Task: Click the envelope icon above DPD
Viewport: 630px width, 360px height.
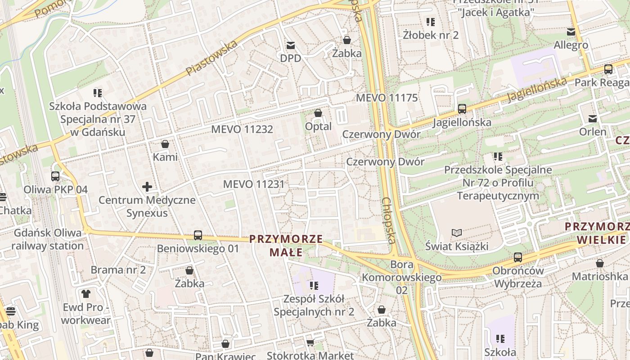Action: click(x=290, y=45)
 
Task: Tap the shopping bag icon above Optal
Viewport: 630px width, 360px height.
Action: click(x=318, y=112)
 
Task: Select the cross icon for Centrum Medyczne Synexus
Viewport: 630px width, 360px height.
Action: click(x=147, y=186)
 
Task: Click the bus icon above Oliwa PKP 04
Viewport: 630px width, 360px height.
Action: click(x=55, y=176)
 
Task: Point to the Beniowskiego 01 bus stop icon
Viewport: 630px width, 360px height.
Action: click(x=198, y=235)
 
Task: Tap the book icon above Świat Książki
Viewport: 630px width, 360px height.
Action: click(x=457, y=233)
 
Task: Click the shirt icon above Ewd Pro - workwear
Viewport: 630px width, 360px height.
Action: click(x=86, y=294)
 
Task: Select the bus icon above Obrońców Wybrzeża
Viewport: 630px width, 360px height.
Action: click(x=518, y=257)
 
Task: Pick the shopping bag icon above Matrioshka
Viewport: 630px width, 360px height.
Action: click(x=600, y=263)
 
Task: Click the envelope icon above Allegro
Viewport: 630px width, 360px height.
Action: click(x=571, y=31)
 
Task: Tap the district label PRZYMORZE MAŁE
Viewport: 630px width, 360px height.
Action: click(x=286, y=245)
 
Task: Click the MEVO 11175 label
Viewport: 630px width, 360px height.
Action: click(x=387, y=98)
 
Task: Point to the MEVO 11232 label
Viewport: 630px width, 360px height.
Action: click(x=242, y=129)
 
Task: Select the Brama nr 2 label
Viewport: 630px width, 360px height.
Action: click(x=118, y=270)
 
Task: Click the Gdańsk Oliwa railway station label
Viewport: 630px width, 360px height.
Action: click(x=47, y=239)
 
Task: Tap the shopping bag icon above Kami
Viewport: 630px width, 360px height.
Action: click(x=165, y=144)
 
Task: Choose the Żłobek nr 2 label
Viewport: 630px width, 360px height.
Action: click(x=431, y=35)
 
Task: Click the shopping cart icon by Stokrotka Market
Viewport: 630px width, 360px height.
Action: click(x=310, y=343)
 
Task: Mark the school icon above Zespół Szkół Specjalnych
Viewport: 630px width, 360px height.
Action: click(x=314, y=285)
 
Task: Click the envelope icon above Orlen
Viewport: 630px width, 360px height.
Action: click(x=593, y=118)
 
